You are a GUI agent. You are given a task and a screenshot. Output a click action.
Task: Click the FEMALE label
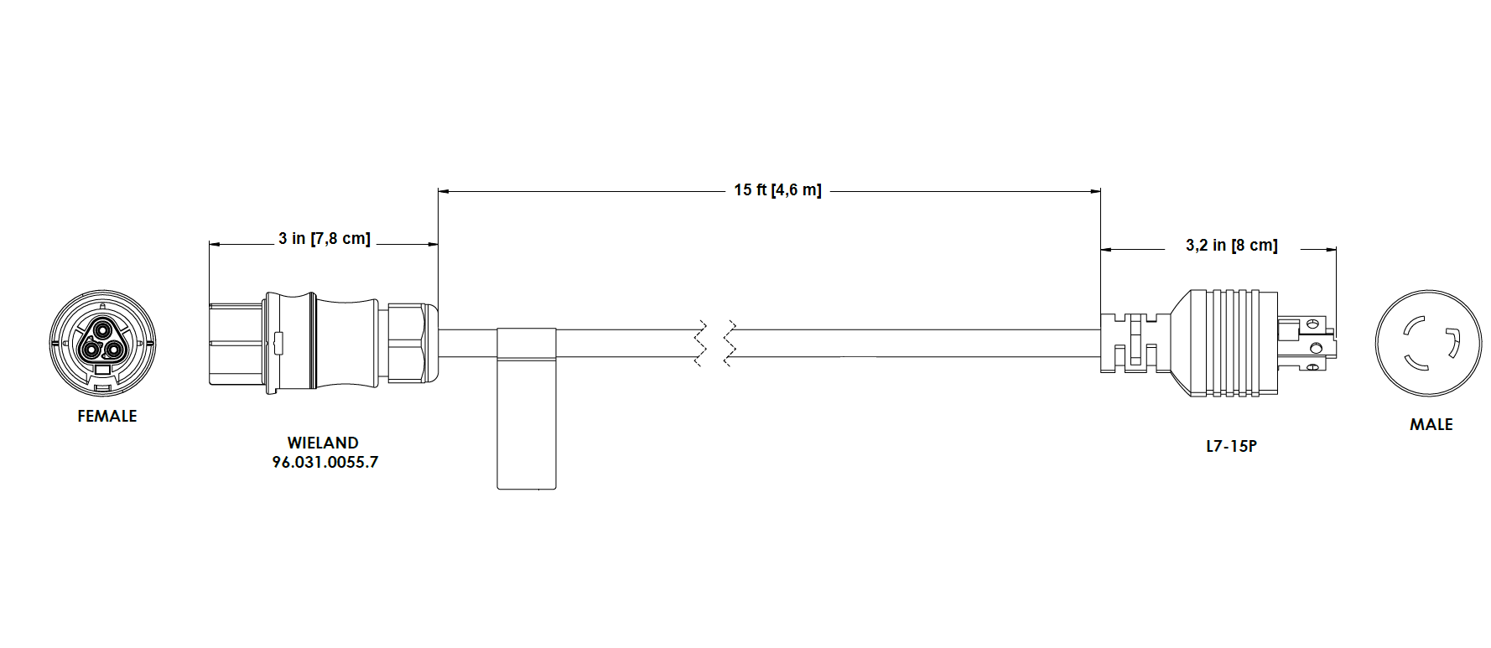106,416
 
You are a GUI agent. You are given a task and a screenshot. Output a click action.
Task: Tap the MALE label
1431,424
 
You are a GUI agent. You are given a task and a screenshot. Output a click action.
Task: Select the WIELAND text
323,443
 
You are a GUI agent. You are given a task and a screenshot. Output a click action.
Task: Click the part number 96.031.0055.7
325,462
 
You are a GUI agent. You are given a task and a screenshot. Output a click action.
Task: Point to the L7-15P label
1231,446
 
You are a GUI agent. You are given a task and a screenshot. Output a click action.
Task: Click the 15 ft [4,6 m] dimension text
777,190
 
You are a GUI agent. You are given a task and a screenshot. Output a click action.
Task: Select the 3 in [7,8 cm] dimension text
325,239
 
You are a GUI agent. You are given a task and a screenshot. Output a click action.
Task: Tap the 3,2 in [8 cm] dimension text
1231,246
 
